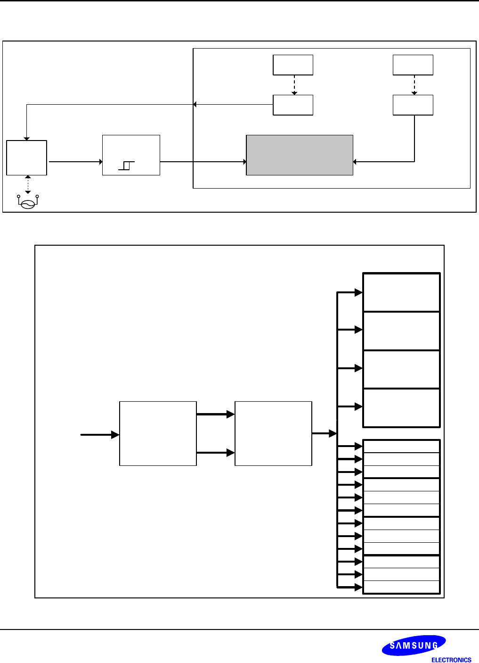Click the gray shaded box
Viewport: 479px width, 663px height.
point(300,155)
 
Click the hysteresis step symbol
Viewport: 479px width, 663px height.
point(126,166)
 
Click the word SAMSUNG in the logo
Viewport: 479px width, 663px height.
point(414,646)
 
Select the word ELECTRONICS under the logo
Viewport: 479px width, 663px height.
point(451,660)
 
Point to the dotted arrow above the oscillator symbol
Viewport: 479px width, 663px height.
point(28,184)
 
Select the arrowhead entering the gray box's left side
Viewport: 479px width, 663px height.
point(244,162)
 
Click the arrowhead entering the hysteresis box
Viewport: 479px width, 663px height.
point(100,162)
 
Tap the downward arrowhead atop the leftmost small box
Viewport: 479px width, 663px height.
point(27,138)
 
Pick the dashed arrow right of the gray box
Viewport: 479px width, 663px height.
point(414,85)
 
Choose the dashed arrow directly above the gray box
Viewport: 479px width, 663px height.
point(294,85)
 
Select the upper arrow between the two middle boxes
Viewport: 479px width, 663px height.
point(215,414)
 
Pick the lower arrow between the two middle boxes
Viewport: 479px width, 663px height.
point(215,453)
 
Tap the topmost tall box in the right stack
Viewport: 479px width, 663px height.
point(401,292)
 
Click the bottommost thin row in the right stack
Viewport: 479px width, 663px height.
point(401,587)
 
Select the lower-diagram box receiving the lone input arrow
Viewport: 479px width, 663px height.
point(158,433)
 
